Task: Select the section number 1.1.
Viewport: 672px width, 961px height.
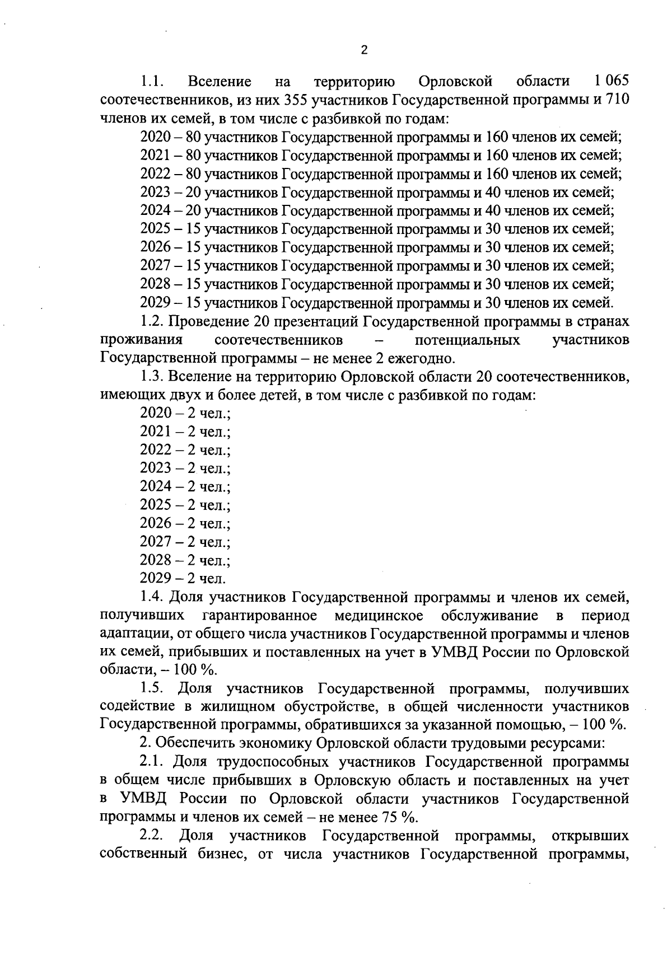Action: (x=152, y=82)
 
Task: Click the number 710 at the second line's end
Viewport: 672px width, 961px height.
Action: (x=618, y=100)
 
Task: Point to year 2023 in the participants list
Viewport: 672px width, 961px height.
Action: (x=155, y=193)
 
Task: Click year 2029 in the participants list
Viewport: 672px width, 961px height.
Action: (x=155, y=303)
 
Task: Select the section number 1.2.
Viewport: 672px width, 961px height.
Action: (x=152, y=322)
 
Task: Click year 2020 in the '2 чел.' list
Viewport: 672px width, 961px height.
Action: (x=155, y=414)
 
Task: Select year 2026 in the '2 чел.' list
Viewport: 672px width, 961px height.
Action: (x=155, y=524)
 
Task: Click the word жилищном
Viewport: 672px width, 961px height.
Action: (x=235, y=706)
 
